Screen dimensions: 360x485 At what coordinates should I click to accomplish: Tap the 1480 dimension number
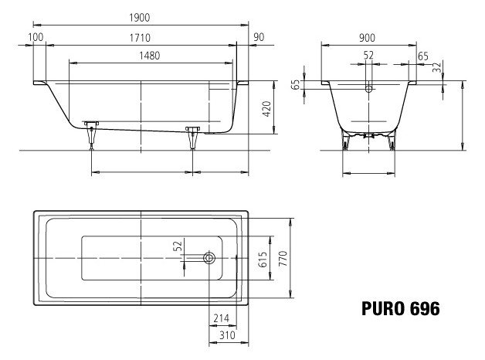[x=151, y=56]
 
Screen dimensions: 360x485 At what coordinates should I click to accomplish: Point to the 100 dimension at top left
[x=36, y=37]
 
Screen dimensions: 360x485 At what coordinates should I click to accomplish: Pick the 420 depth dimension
[x=266, y=107]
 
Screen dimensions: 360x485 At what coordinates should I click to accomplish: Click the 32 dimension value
[x=439, y=69]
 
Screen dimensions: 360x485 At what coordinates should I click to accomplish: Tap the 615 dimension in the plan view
[x=263, y=260]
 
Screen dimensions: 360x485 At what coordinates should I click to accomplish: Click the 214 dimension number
[x=221, y=318]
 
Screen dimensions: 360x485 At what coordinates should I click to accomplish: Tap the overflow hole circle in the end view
[x=368, y=89]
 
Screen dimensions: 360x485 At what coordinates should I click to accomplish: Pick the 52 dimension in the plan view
[x=178, y=246]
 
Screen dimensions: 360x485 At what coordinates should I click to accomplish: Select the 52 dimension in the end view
[x=368, y=55]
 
